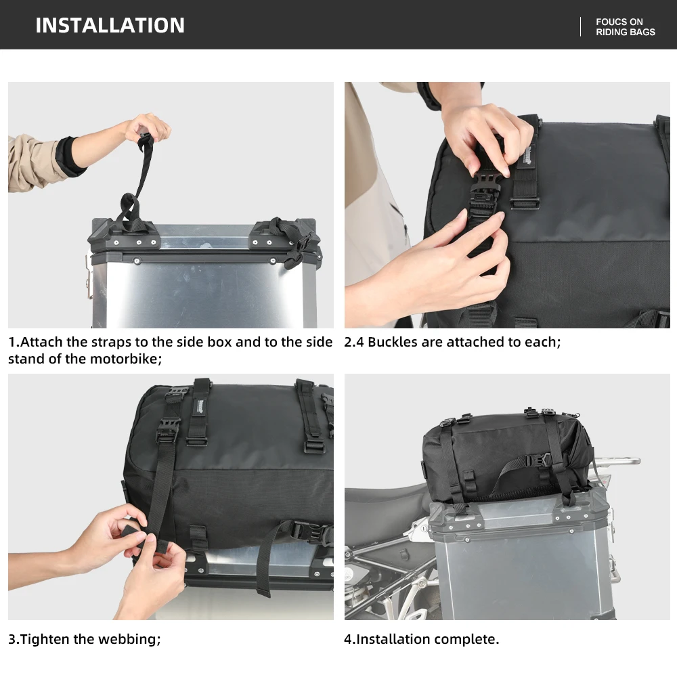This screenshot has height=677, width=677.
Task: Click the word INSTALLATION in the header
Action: tap(110, 25)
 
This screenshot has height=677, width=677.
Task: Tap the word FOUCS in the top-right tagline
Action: tap(610, 22)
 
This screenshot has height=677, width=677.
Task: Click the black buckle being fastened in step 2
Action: tap(485, 192)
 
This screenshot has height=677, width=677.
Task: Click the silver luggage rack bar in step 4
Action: tap(617, 461)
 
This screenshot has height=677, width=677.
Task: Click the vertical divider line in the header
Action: tap(580, 27)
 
